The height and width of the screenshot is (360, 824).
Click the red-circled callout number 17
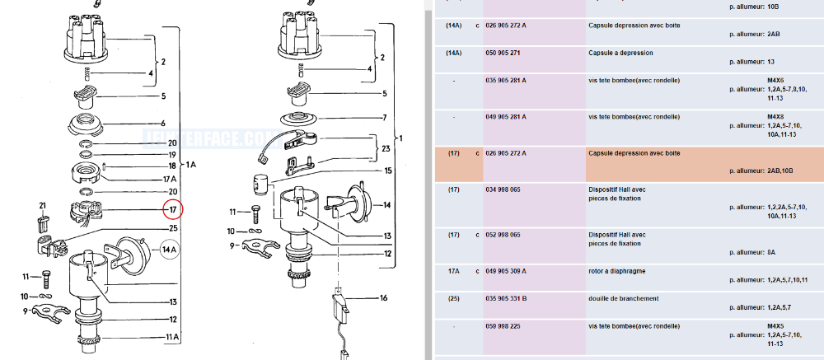click(x=173, y=210)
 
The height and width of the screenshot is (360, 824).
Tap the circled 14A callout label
click(x=169, y=249)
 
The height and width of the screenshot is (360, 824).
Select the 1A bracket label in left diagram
click(x=190, y=165)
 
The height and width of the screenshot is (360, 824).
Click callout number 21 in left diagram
click(x=42, y=205)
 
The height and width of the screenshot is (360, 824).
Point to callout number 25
click(x=173, y=228)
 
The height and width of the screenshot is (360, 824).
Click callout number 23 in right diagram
click(x=386, y=149)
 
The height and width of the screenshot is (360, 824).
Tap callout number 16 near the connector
click(x=382, y=298)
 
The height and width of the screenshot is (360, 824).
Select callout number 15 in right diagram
click(x=388, y=171)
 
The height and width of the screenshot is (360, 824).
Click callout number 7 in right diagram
click(x=383, y=118)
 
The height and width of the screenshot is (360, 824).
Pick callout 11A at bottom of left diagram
click(x=172, y=337)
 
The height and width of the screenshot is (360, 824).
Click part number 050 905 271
click(x=504, y=53)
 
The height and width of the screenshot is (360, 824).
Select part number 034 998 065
click(x=504, y=189)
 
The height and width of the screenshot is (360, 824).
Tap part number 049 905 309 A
click(x=507, y=270)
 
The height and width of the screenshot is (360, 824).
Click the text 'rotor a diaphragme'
click(x=618, y=270)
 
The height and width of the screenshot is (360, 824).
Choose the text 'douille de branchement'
click(x=623, y=298)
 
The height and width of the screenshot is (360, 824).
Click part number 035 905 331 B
click(x=507, y=298)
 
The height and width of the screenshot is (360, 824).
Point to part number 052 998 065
click(x=504, y=235)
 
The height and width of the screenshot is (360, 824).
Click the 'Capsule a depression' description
click(x=620, y=53)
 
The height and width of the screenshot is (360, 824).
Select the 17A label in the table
click(x=452, y=270)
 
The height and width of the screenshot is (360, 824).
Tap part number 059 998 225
click(x=504, y=326)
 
